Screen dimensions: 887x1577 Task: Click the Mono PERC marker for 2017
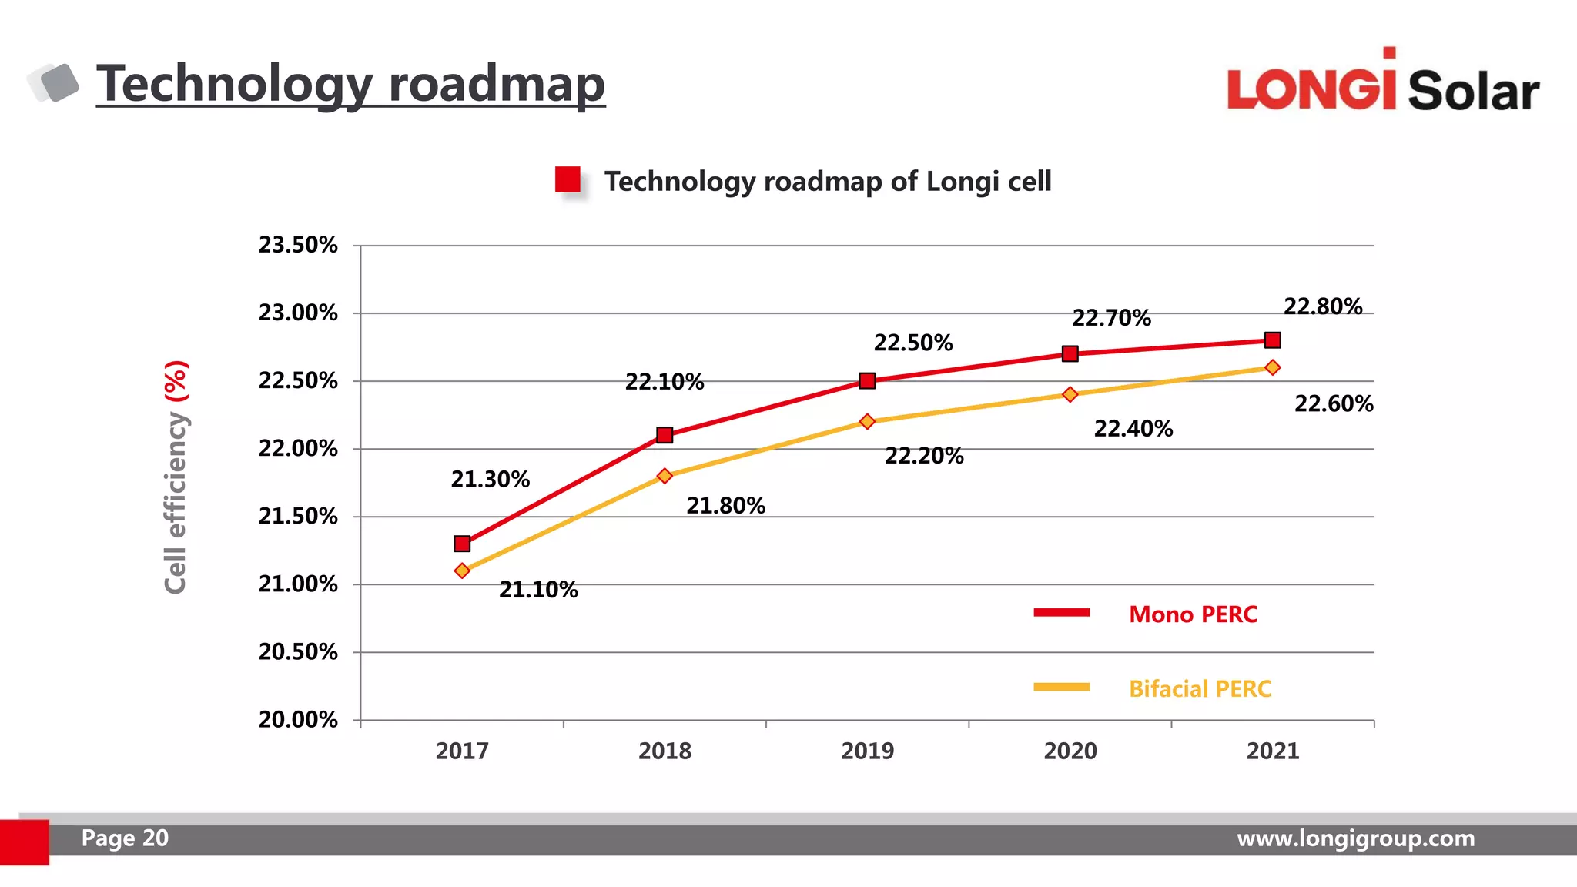coord(462,544)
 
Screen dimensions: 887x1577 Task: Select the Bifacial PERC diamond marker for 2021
coord(1273,367)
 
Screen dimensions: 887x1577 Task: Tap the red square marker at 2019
coord(867,380)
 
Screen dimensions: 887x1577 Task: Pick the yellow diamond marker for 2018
coord(665,476)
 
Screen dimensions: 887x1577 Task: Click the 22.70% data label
coord(1111,318)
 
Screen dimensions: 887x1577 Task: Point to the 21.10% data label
coord(538,590)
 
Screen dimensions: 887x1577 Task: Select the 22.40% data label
coord(1133,429)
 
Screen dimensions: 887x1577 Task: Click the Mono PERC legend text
coord(1193,614)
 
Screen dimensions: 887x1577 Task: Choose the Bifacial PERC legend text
coord(1200,688)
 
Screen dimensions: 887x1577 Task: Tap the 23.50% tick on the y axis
coord(298,246)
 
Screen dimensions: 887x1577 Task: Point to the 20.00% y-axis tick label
coord(298,720)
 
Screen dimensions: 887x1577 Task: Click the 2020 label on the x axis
coord(1070,751)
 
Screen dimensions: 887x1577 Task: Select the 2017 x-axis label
coord(462,751)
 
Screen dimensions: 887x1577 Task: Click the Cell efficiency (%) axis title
coord(176,477)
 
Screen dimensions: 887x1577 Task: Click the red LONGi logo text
coord(1311,87)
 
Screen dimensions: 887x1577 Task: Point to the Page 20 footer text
coord(125,838)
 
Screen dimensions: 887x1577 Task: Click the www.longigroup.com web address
coord(1355,838)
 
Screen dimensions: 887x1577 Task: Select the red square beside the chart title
coord(568,179)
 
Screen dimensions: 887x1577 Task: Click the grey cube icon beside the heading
coord(55,82)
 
